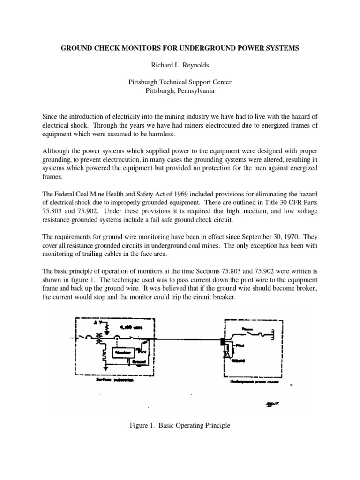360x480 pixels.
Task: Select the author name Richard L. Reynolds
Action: point(180,65)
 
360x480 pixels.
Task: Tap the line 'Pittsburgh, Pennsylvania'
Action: point(180,91)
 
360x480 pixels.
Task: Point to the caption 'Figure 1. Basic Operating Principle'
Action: point(180,426)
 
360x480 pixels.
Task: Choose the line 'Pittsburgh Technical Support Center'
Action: point(180,82)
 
